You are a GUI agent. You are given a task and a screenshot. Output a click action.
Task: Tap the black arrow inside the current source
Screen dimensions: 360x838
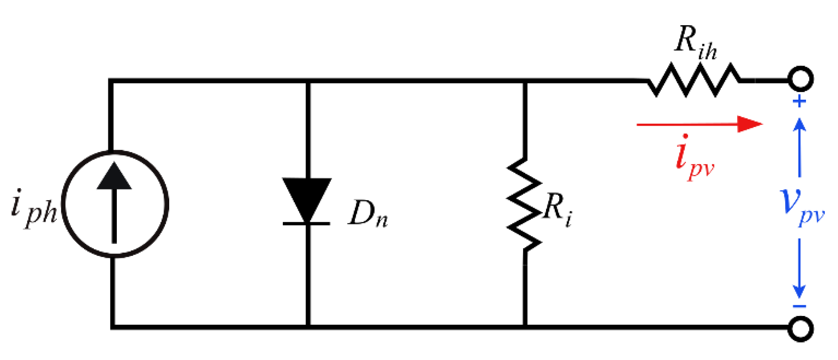114,200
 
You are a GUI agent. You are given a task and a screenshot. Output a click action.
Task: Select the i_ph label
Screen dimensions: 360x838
34,208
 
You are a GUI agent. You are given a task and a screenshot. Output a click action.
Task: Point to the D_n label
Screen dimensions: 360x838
368,214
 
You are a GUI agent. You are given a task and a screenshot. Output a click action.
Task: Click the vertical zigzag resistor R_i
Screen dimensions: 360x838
524,204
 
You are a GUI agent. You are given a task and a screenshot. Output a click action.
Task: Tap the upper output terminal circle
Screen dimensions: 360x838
800,79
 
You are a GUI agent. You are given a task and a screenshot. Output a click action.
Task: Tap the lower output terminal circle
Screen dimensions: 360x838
800,329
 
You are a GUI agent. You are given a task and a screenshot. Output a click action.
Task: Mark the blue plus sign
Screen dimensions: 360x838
799,101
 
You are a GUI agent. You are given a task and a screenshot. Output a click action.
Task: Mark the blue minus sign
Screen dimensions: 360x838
799,307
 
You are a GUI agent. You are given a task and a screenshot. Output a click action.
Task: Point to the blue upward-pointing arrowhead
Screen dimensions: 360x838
799,124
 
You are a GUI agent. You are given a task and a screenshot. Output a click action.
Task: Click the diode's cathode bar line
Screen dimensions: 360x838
306,223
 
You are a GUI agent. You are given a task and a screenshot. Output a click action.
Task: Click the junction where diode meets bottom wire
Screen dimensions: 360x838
308,327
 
